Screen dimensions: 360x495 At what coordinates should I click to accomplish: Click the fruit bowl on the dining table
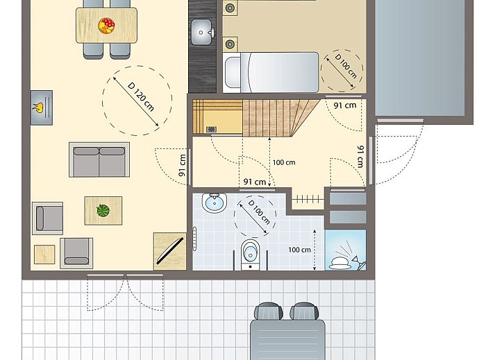(106, 26)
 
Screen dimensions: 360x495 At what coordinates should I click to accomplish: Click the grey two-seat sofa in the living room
(99, 160)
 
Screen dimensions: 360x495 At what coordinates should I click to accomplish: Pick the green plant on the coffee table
(103, 210)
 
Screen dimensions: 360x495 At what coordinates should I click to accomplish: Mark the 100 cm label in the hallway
(283, 162)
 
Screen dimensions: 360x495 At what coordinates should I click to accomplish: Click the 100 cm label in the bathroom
(300, 249)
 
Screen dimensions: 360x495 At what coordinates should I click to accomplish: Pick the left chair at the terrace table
(269, 311)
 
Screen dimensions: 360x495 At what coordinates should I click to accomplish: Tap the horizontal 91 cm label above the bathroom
(255, 182)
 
